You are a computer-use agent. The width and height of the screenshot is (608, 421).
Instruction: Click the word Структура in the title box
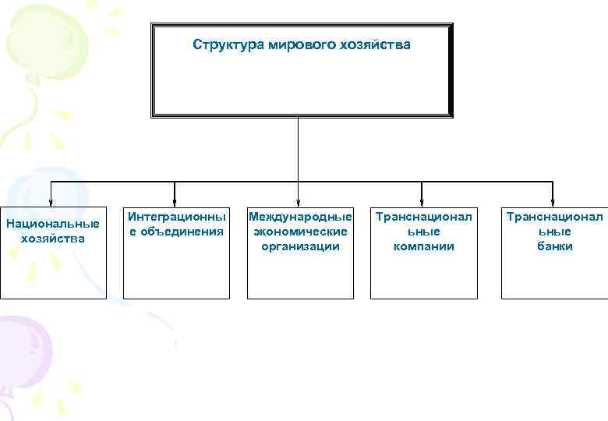228,45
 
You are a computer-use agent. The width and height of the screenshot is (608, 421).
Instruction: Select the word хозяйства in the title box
375,45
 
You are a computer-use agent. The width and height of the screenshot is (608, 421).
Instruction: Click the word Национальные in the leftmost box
53,224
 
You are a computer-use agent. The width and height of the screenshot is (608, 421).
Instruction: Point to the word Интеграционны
177,216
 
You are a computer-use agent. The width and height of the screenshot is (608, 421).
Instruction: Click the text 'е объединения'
177,231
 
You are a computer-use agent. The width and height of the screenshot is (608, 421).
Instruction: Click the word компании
424,246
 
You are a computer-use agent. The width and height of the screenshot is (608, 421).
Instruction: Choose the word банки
554,246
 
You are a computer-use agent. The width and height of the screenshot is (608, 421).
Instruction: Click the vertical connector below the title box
299,148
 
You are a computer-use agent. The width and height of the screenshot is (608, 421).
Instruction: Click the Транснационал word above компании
424,216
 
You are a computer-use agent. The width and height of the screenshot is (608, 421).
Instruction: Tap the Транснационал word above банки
554,216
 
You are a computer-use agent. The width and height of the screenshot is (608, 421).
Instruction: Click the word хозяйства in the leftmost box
53,239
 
